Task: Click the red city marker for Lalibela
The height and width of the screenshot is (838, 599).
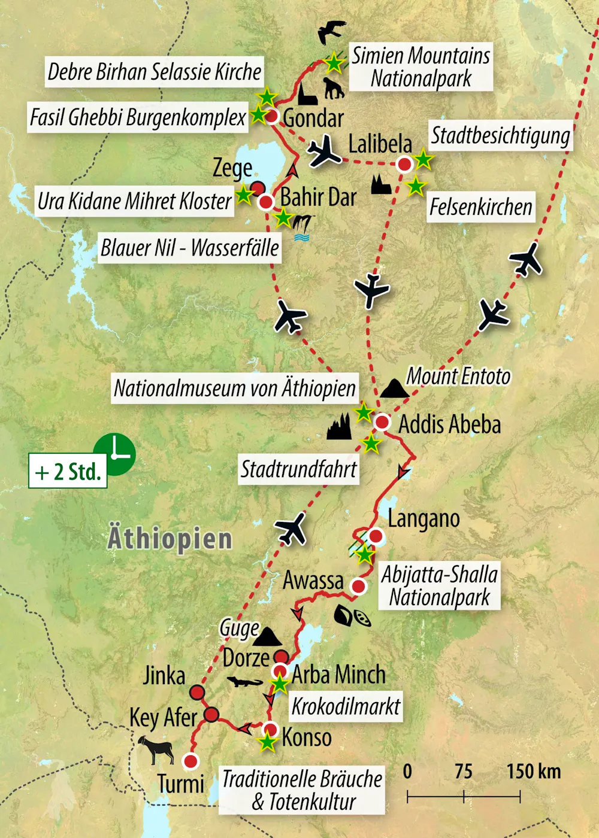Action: click(x=405, y=164)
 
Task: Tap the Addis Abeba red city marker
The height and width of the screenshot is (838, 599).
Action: click(x=382, y=423)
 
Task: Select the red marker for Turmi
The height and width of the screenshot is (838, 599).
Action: click(x=190, y=761)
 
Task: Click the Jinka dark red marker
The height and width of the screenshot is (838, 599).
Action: click(x=197, y=693)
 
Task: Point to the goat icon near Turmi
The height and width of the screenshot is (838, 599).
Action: click(x=156, y=749)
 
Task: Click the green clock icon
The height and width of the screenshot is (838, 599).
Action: click(x=115, y=454)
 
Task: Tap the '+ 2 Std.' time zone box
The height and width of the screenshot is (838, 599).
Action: click(x=68, y=472)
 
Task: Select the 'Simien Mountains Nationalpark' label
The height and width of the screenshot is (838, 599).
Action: click(x=420, y=67)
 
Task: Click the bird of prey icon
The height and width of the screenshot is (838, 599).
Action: click(x=331, y=32)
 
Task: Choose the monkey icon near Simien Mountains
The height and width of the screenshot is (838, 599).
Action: click(x=334, y=89)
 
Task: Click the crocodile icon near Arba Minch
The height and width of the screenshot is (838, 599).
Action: click(x=245, y=682)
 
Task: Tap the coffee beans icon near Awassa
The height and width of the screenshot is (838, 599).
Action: click(x=352, y=617)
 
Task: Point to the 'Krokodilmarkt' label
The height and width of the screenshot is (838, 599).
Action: click(x=346, y=707)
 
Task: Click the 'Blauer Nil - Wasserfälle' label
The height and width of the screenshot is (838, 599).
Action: click(x=189, y=247)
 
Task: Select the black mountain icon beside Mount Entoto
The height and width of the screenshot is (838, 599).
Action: click(x=395, y=388)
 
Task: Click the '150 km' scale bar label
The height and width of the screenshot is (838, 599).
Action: click(x=533, y=772)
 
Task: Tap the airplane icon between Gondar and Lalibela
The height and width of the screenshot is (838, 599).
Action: click(x=325, y=151)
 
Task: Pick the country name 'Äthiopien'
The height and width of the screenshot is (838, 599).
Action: click(x=170, y=538)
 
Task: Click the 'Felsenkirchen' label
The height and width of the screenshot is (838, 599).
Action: click(x=480, y=207)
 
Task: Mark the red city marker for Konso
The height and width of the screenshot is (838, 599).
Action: click(x=271, y=730)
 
